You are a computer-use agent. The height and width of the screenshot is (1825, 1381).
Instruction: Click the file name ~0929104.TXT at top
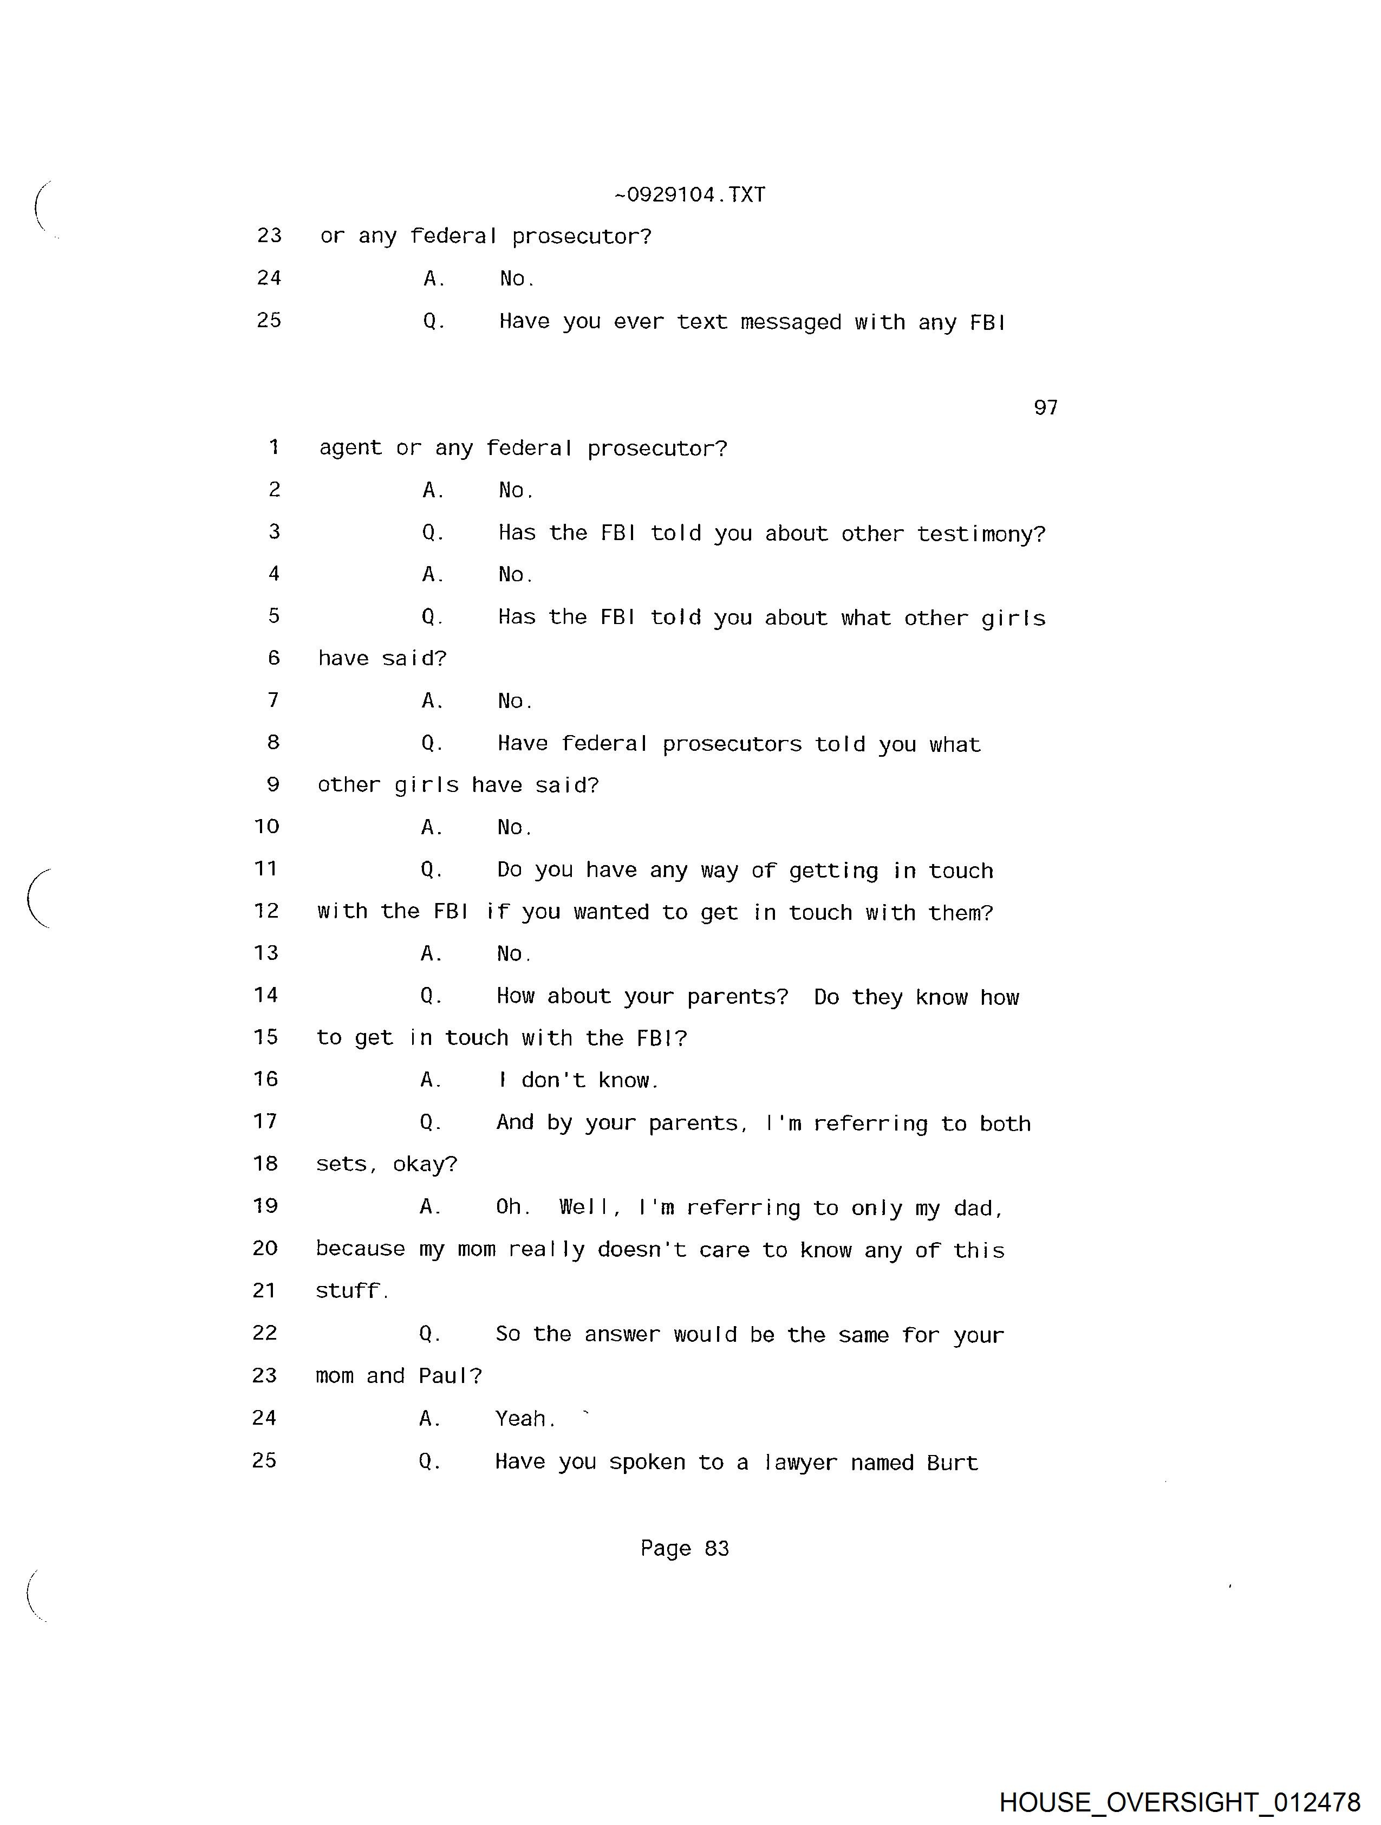point(689,194)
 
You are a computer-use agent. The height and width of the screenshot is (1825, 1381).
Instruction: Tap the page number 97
point(1045,407)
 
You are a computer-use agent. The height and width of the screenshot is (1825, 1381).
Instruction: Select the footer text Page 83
point(684,1548)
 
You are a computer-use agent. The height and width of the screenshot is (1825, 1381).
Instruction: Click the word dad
point(977,1209)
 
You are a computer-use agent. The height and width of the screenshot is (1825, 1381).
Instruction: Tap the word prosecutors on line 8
point(731,744)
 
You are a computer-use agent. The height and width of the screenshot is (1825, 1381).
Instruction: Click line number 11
point(266,869)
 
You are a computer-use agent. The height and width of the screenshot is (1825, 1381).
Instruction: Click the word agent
point(350,449)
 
